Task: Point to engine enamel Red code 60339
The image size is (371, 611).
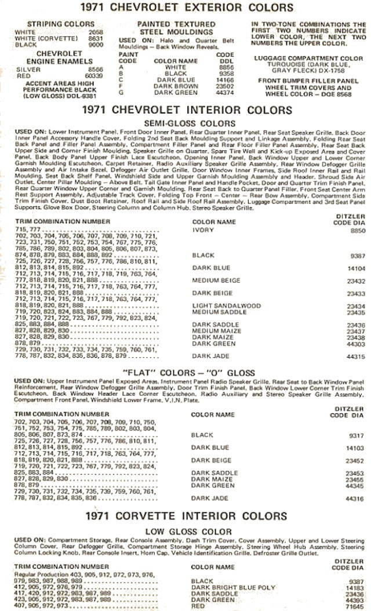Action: click(95, 75)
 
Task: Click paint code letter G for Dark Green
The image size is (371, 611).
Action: click(121, 92)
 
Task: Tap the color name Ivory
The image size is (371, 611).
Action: click(203, 230)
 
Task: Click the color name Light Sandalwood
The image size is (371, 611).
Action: click(226, 305)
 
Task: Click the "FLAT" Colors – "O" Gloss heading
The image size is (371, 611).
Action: click(185, 372)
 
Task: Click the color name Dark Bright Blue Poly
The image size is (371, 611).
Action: click(233, 587)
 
